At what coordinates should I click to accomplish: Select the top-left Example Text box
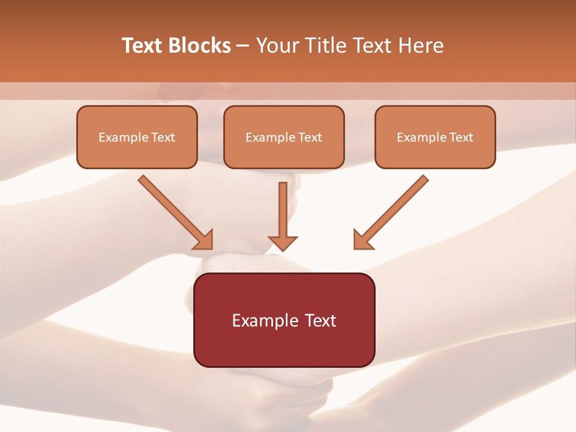[137, 137]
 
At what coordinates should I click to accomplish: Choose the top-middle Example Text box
[284, 137]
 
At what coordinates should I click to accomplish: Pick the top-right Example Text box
[435, 137]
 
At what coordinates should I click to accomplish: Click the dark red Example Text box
[284, 320]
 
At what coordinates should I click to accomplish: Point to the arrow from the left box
[174, 211]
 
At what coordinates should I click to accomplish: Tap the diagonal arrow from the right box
[393, 211]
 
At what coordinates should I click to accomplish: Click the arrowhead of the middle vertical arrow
[283, 242]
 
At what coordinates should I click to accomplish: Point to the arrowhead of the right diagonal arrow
[362, 240]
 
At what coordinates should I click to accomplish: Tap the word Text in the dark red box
[321, 320]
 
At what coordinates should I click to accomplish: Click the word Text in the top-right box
[461, 137]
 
